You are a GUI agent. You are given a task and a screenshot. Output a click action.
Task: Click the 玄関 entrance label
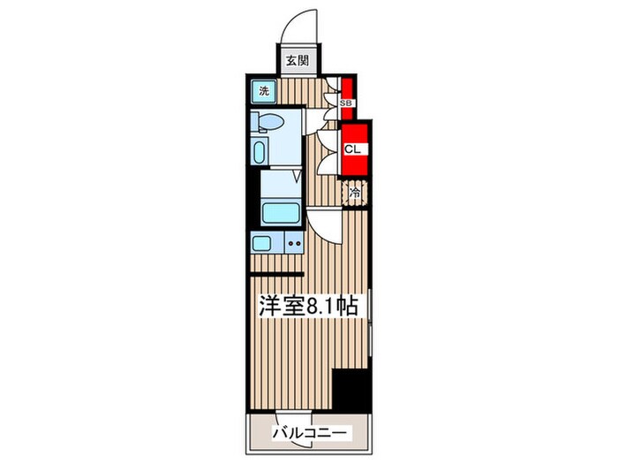297,61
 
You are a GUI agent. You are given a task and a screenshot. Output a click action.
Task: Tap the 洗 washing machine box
264,90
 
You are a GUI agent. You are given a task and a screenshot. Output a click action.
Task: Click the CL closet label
350,148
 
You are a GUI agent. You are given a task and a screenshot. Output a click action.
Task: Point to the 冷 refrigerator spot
355,190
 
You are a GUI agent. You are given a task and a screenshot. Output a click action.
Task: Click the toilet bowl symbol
268,122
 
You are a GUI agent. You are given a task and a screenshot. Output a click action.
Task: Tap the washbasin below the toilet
258,150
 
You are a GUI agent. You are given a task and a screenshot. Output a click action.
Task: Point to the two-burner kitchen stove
292,242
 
